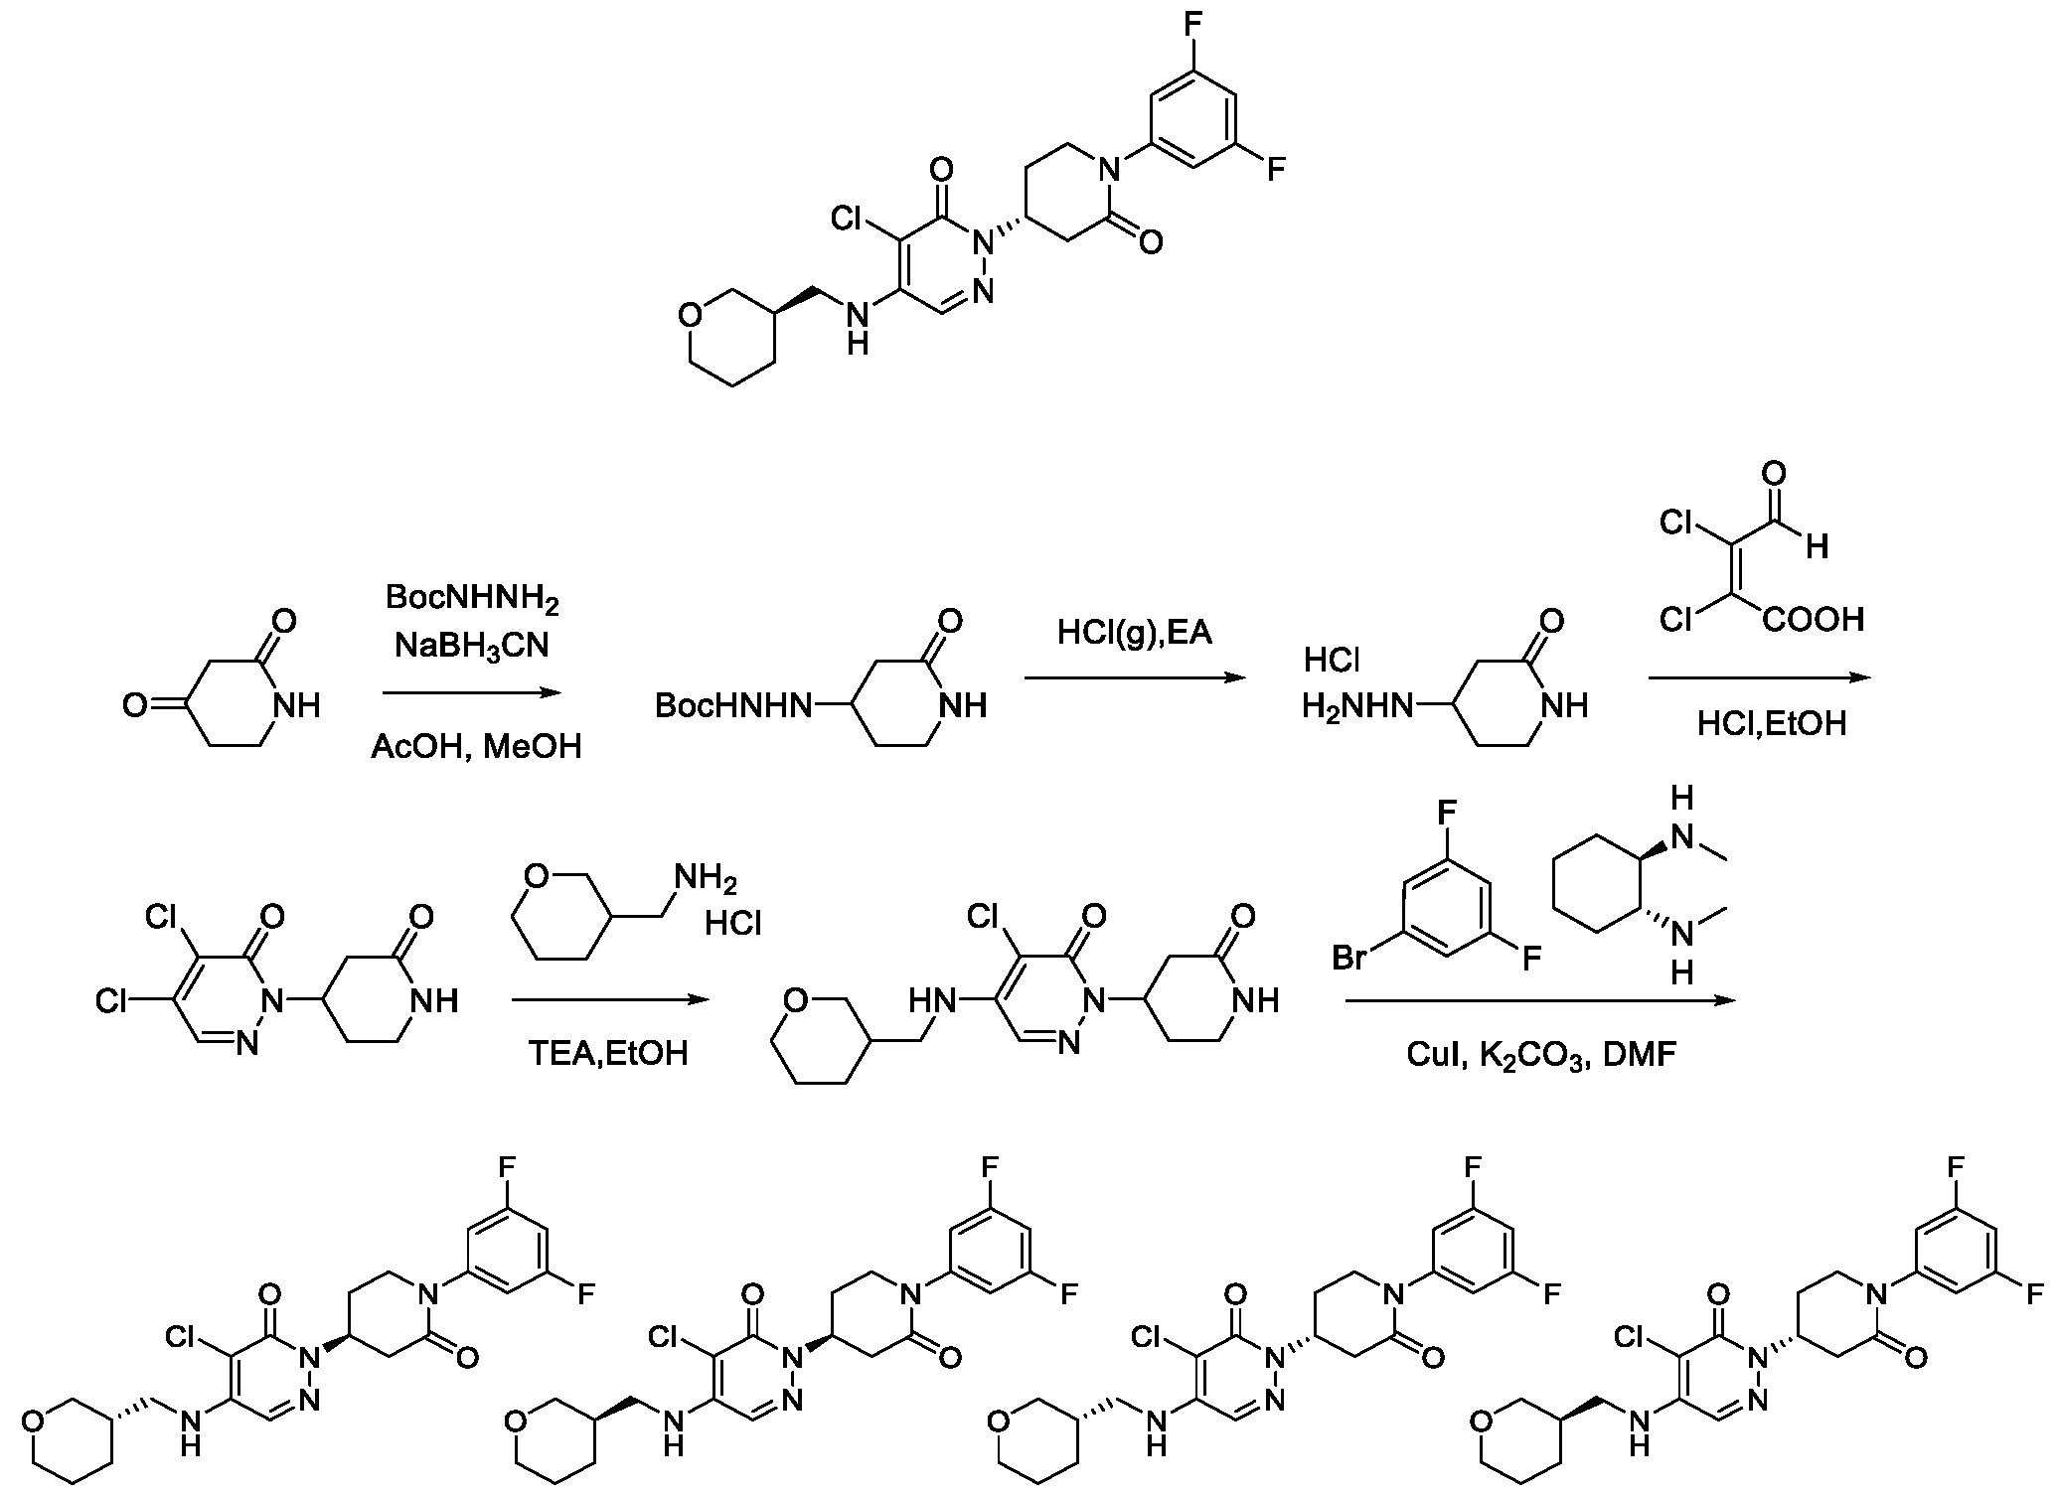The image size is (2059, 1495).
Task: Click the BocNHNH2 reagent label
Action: tap(472, 599)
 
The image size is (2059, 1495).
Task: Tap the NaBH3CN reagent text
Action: tap(472, 646)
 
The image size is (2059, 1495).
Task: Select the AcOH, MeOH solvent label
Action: tap(476, 746)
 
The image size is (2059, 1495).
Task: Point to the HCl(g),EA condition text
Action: tap(1135, 632)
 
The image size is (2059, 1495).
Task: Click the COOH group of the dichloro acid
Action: tap(1814, 621)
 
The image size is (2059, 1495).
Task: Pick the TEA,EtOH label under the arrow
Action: tap(608, 1053)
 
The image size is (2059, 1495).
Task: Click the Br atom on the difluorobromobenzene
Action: tap(1350, 959)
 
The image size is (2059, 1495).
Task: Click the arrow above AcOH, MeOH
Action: tap(472, 693)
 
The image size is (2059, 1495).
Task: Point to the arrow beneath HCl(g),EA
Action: tap(1134, 678)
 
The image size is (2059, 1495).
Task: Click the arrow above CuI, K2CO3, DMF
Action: tap(1540, 1001)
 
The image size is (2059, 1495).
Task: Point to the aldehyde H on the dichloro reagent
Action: tap(1818, 547)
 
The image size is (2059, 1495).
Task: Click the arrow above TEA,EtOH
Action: tap(611, 1001)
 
